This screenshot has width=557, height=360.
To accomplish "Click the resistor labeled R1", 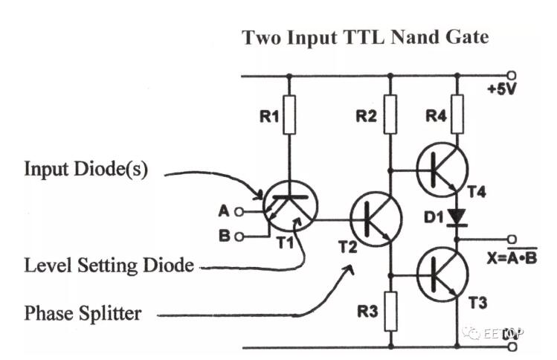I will point(290,116).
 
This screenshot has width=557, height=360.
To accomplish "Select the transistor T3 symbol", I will point(442,274).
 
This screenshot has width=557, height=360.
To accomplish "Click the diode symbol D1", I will point(457,218).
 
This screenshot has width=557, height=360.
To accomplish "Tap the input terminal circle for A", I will point(239,211).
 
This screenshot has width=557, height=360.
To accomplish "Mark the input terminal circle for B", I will point(239,237).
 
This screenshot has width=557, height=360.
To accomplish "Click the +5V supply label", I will point(503,90).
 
